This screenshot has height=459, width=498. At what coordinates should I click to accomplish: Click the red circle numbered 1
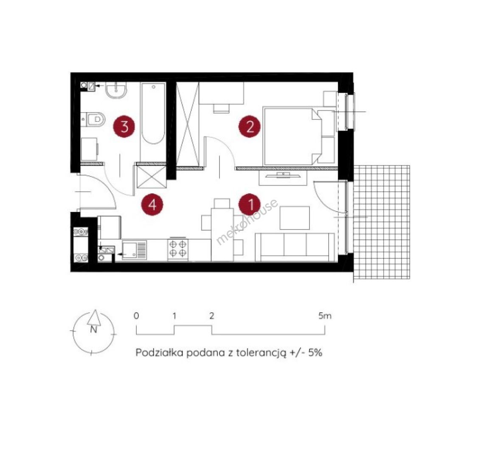point(250,204)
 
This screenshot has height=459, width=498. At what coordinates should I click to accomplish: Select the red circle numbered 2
point(250,127)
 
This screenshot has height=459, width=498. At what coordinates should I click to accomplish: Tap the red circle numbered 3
point(124,127)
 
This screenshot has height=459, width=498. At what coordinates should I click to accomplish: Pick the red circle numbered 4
point(152,204)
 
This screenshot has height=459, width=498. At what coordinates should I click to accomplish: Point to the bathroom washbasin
point(116,90)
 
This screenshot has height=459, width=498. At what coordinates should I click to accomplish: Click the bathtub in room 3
point(153,113)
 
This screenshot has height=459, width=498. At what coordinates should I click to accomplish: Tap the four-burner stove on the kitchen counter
point(178,249)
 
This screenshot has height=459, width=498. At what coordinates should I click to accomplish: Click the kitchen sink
point(134,250)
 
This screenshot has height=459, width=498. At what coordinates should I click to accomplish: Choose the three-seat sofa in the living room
point(295,247)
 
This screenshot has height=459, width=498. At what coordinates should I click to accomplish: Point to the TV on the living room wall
point(283,175)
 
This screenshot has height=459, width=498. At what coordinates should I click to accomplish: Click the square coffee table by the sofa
point(294,218)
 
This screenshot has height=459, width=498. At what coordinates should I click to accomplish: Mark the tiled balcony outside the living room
point(381,222)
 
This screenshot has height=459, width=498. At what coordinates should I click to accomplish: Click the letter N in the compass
point(93,329)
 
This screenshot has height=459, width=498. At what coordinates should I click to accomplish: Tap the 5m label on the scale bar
point(325,316)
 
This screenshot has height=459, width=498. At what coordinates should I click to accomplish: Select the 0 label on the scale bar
point(136,316)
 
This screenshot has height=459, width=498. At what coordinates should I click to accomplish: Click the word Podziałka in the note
point(160,352)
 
